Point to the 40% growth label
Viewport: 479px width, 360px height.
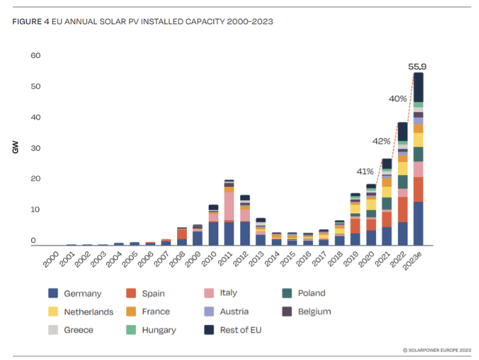(398, 99)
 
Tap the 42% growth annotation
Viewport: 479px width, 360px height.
(381, 141)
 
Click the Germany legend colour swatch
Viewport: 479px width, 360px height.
(53, 293)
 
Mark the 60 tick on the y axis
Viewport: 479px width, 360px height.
(35, 56)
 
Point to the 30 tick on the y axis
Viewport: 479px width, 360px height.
(35, 148)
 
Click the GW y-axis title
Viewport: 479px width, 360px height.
(15, 147)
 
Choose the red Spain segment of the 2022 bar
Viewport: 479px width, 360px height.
(403, 210)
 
